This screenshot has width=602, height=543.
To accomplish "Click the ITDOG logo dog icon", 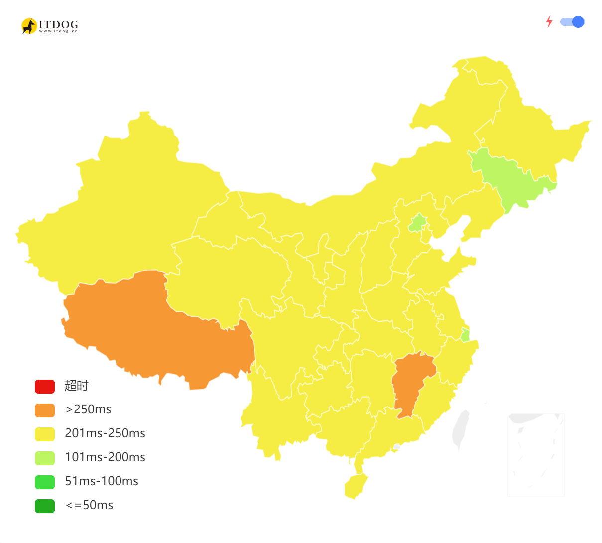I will pos(29,26).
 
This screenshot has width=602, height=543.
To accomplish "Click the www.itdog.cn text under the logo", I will pos(58,31).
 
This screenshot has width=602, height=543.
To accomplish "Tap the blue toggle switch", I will pos(572,22).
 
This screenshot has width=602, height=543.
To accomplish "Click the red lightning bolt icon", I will pos(549,22).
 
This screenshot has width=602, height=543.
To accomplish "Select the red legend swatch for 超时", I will pos(45,386).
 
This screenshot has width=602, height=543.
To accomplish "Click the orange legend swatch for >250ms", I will pos(45,410).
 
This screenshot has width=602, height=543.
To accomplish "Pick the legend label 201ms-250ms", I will pos(105,433).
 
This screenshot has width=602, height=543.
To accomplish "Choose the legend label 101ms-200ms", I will pos(105,457).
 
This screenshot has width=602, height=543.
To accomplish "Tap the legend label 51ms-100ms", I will pos(102,481).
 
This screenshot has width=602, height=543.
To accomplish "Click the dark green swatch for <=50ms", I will pos(45,506).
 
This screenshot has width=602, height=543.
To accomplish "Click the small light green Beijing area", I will pos(418,223).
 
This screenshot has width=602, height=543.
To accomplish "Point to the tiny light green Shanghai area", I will pos(465,335).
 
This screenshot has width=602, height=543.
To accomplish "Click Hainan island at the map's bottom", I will pos(355,486).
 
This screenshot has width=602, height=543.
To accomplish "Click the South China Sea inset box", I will pos(536,454).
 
